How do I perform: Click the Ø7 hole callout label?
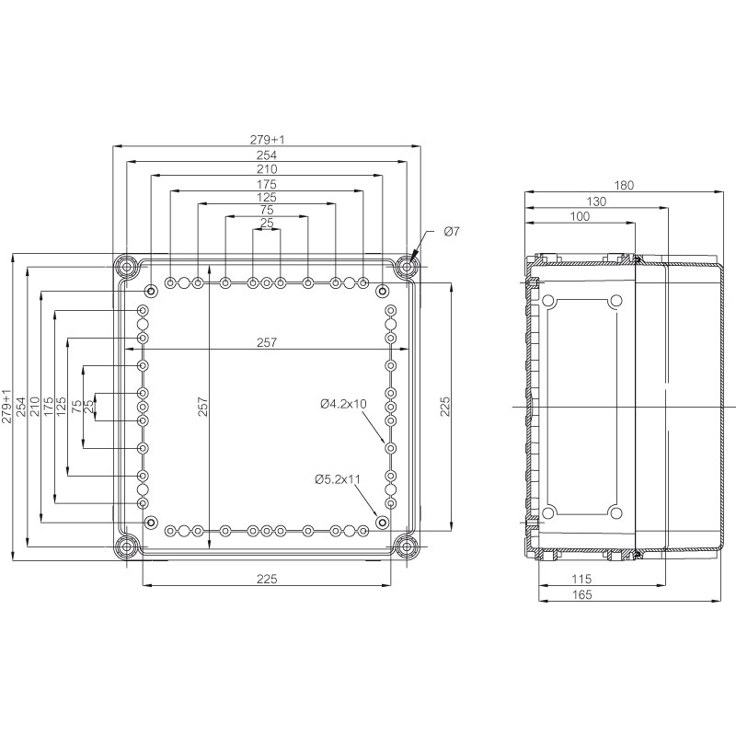452,231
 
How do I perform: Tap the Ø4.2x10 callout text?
343,404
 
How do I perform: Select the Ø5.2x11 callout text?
338,479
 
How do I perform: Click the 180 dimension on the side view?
624,186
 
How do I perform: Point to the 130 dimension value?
596,201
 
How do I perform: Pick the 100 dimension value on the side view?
580,216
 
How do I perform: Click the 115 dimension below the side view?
582,579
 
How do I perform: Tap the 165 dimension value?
582,594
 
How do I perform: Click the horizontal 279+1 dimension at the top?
267,140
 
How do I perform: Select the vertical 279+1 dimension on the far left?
6,407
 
